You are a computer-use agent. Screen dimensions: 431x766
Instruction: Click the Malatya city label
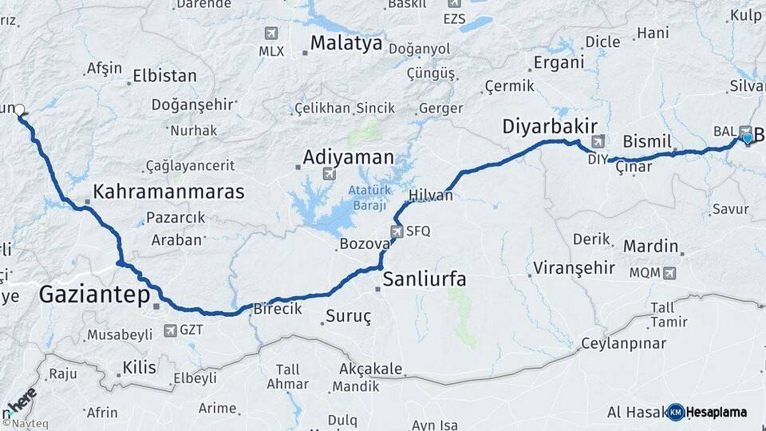(346, 43)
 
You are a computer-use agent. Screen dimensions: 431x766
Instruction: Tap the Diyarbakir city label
(551, 126)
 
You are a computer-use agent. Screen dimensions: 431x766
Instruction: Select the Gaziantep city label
(94, 296)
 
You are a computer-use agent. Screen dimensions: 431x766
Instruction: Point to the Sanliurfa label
(424, 279)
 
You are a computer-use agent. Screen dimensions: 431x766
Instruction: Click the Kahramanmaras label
(168, 192)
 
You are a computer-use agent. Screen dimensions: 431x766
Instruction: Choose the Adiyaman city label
(348, 156)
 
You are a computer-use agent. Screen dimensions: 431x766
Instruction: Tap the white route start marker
(19, 111)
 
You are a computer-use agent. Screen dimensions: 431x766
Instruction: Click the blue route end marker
(747, 139)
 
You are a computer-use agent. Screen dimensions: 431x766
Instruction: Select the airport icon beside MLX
(271, 34)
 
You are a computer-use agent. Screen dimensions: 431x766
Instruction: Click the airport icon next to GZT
(169, 329)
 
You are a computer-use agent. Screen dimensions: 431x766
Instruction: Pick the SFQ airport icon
(397, 231)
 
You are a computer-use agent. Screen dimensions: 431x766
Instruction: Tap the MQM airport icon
(669, 272)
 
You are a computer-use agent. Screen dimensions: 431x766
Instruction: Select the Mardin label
(650, 246)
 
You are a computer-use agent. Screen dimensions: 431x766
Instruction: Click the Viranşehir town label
(574, 268)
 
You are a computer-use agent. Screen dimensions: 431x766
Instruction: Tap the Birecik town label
(277, 309)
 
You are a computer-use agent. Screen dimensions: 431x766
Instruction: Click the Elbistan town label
(165, 77)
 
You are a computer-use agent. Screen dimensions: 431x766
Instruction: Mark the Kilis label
(140, 368)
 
